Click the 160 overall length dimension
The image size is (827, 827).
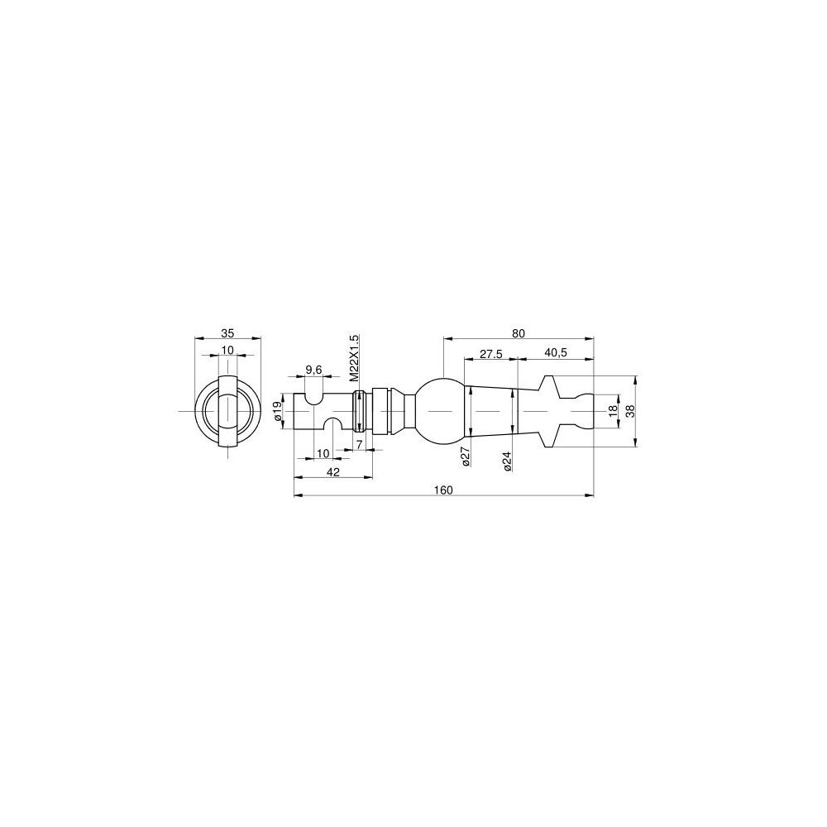tap(443, 490)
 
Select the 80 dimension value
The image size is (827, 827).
tap(519, 333)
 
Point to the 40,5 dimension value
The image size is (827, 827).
tap(556, 353)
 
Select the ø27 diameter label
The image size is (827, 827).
tap(465, 457)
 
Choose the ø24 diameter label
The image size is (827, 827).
tap(507, 461)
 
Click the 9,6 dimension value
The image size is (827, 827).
tap(313, 370)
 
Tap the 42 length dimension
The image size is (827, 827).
tap(332, 472)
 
